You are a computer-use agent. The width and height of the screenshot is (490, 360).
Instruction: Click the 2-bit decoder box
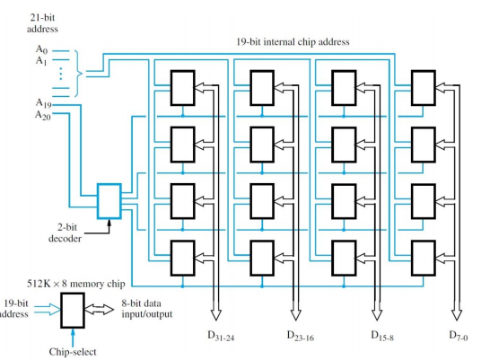click(x=109, y=201)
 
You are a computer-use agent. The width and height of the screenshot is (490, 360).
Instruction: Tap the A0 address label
click(x=41, y=49)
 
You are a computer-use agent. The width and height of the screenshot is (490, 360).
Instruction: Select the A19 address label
click(x=43, y=103)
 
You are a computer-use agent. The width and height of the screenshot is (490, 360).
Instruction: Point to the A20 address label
click(x=42, y=115)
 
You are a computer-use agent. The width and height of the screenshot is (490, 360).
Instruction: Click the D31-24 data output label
click(x=221, y=336)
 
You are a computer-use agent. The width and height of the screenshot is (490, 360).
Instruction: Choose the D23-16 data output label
click(x=301, y=336)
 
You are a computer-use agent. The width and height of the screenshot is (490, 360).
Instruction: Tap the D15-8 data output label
click(x=382, y=336)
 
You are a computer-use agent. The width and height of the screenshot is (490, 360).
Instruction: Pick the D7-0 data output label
click(x=459, y=336)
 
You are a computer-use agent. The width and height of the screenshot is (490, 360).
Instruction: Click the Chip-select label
click(x=73, y=352)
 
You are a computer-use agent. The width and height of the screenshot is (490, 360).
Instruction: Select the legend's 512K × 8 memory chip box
click(x=73, y=311)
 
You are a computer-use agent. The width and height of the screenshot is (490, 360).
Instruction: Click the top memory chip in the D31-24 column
click(x=183, y=88)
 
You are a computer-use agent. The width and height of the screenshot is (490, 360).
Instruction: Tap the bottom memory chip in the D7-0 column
click(x=424, y=259)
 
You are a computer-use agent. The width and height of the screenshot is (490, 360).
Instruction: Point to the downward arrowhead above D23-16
click(x=295, y=315)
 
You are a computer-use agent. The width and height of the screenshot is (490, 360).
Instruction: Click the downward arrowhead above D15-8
click(x=377, y=315)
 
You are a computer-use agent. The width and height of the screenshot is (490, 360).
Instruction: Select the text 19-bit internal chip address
click(x=293, y=42)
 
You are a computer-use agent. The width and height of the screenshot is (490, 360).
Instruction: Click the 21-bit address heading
click(x=42, y=23)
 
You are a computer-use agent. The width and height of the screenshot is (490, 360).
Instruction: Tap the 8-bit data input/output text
click(x=147, y=309)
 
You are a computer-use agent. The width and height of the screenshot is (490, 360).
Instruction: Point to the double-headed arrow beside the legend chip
click(x=99, y=310)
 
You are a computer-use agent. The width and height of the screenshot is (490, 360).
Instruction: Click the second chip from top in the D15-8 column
click(x=344, y=145)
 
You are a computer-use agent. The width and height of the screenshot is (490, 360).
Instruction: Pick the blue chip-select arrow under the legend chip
click(x=73, y=338)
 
